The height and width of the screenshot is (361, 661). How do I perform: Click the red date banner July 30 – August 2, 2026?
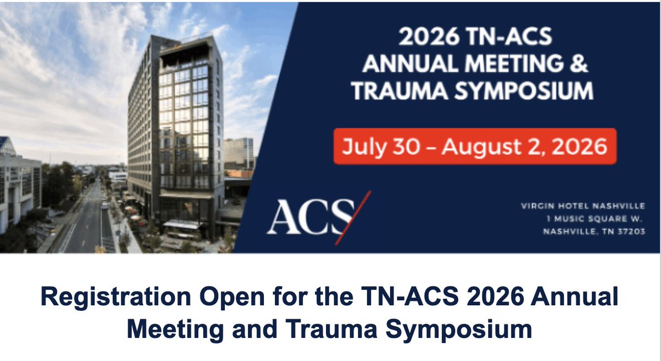coord(474,147)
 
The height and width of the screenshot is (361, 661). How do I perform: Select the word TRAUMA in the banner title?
coord(394,90)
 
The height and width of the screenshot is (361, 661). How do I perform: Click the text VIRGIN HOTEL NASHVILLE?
coord(583,206)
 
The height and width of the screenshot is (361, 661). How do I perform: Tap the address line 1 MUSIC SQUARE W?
coord(595,219)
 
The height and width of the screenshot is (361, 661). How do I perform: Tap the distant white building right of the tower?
coord(239,153)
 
